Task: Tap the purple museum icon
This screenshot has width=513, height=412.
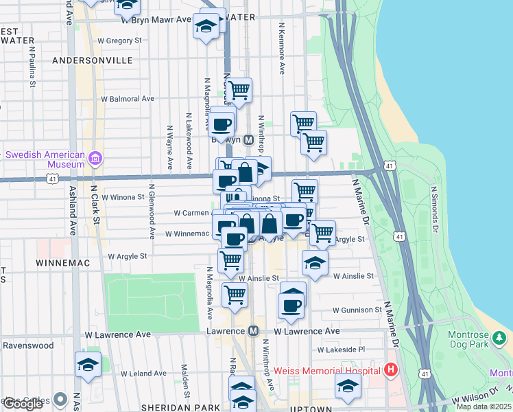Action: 95,160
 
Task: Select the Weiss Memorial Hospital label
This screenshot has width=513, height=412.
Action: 327,371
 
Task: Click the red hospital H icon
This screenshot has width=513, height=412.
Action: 391,371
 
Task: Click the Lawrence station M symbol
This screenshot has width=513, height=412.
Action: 254,331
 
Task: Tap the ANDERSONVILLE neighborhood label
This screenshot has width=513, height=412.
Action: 93,60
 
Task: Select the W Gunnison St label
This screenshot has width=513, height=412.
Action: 356,310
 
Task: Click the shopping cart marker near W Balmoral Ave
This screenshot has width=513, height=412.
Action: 239,90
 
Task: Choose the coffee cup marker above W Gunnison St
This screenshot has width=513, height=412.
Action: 292,304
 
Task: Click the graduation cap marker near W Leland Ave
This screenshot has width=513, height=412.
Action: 88,365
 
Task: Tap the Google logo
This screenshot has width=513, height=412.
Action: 23,404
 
